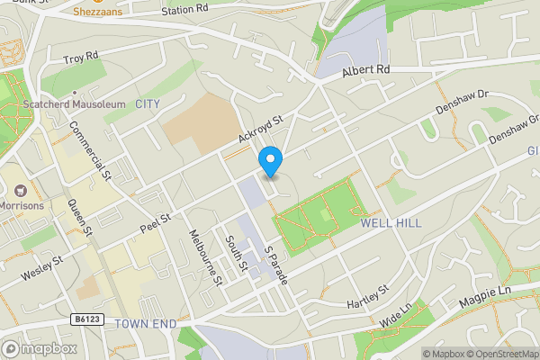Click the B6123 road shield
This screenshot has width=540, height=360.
[83, 319]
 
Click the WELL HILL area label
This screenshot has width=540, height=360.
[386, 221]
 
